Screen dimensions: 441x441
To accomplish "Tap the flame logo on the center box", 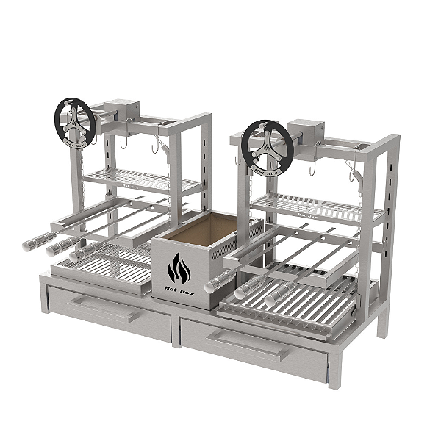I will pos(179,269).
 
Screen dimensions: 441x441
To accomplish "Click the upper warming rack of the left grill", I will pos(140,179).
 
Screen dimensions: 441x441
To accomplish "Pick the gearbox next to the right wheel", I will pos(306,134).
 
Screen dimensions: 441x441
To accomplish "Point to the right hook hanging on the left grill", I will pos(157,148).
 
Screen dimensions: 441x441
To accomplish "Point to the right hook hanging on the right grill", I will pos(351,174).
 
